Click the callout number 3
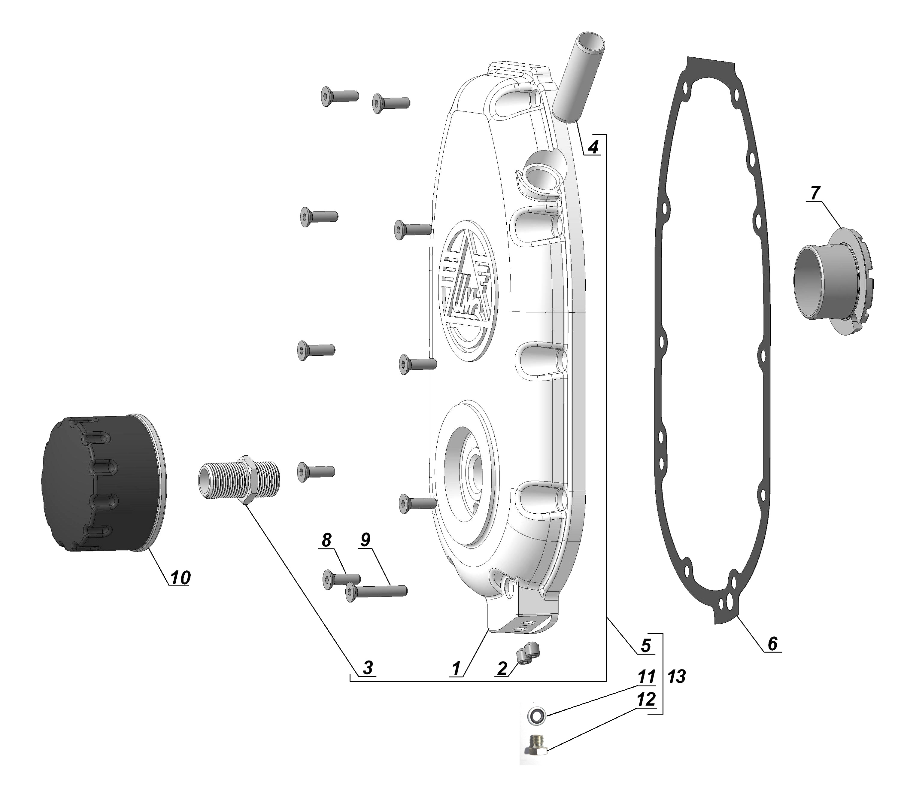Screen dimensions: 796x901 [368, 668]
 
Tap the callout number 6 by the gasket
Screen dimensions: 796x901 [772, 644]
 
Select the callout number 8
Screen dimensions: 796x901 [326, 540]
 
